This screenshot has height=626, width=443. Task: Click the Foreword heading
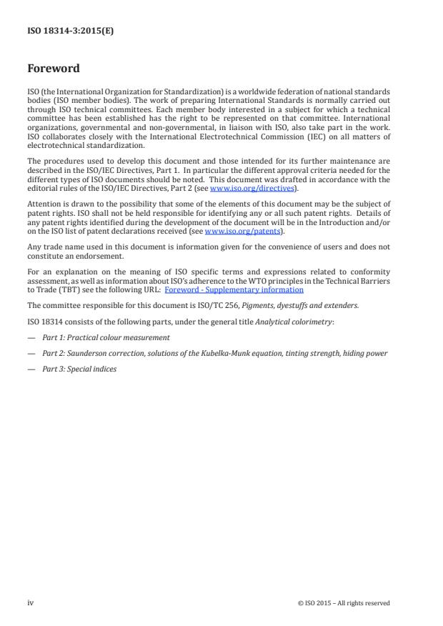click(x=53, y=69)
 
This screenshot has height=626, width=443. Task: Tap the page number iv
click(x=31, y=603)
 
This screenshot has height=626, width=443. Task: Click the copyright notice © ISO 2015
click(x=344, y=603)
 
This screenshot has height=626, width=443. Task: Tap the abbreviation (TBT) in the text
click(x=70, y=289)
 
